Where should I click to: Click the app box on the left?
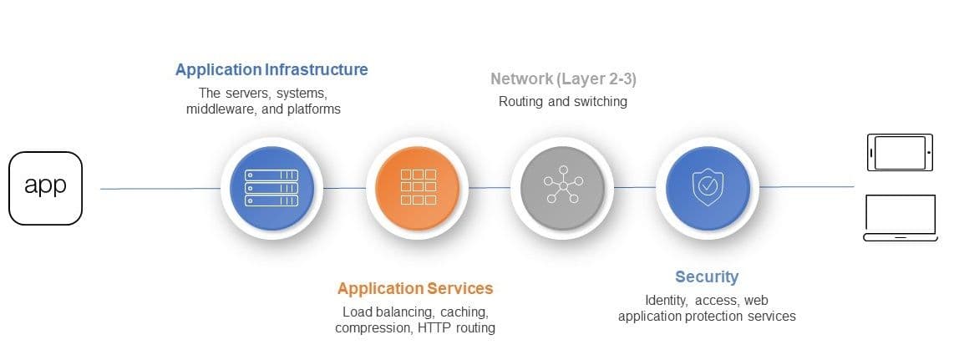(45, 188)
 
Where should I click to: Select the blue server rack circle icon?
(271, 188)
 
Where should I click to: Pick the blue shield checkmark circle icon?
(707, 188)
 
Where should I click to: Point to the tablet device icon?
(901, 153)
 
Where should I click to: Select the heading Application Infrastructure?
(271, 69)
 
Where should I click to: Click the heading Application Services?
(415, 288)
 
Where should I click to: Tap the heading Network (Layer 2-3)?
(564, 79)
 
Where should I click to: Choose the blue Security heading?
(707, 276)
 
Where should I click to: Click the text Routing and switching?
(563, 102)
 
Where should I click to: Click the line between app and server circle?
(159, 189)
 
